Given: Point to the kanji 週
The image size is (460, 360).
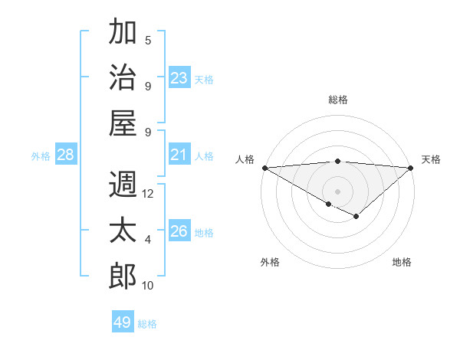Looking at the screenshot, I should (123, 185).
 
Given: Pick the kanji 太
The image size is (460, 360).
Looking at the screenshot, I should (123, 231).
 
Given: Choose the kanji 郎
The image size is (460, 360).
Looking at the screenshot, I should (123, 276).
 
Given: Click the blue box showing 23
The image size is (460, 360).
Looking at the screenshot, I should (179, 78).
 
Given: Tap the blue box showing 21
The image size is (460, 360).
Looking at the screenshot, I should (179, 155).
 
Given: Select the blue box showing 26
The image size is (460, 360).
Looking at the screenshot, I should (179, 232).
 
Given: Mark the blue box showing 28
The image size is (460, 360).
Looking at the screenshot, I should (66, 155).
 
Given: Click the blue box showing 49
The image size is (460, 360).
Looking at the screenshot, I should (123, 322).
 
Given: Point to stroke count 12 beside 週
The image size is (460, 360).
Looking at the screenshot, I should (148, 194).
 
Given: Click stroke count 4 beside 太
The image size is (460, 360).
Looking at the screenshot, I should (148, 240).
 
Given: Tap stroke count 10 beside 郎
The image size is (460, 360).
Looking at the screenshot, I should (148, 286).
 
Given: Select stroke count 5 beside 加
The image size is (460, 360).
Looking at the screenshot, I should (148, 41).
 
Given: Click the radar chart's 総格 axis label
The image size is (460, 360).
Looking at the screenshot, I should (337, 100).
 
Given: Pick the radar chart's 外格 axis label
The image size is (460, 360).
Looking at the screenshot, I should (270, 262).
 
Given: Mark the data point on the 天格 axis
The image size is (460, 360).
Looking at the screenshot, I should (411, 168).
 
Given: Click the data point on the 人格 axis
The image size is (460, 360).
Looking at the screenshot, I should (264, 168).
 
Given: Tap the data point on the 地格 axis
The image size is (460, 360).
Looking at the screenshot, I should (356, 217).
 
